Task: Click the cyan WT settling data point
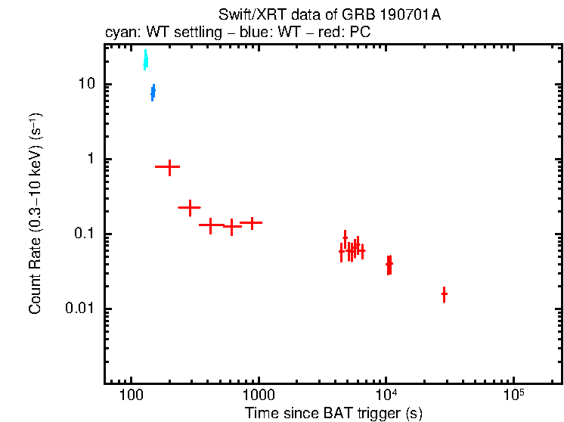(x=145, y=61)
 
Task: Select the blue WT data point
(x=153, y=92)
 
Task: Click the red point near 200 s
(x=168, y=166)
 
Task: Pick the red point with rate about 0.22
(x=189, y=206)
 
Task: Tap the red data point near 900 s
(x=250, y=222)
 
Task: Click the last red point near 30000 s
(x=444, y=293)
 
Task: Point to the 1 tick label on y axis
(x=92, y=159)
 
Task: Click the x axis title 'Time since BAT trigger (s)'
(x=333, y=413)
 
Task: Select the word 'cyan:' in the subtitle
(x=119, y=34)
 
